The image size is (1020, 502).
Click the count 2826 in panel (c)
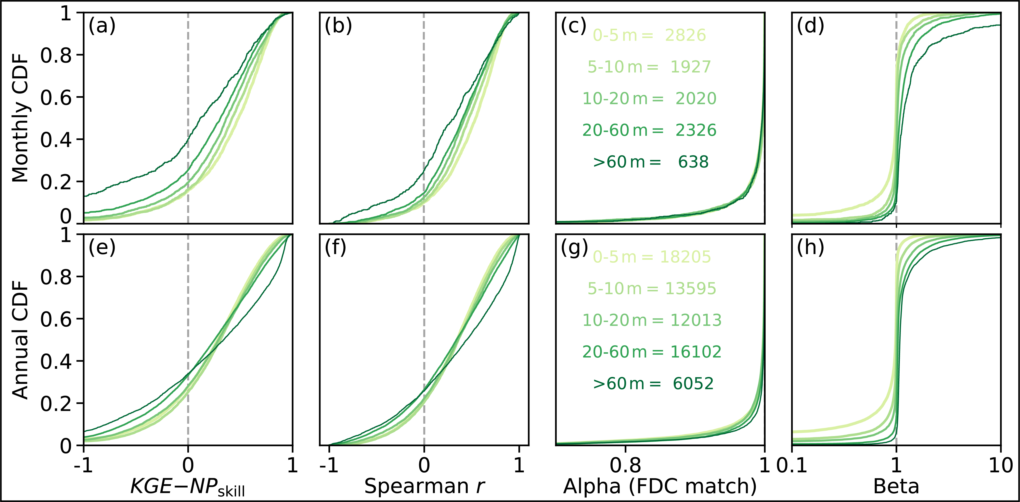[685, 35]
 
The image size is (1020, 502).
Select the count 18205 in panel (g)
[685, 257]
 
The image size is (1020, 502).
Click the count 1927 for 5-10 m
[691, 67]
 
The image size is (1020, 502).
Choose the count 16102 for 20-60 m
[696, 352]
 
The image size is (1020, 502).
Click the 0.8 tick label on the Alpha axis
[625, 465]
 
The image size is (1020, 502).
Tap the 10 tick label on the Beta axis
[1001, 465]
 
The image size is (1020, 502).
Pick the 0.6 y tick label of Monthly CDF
[56, 97]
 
